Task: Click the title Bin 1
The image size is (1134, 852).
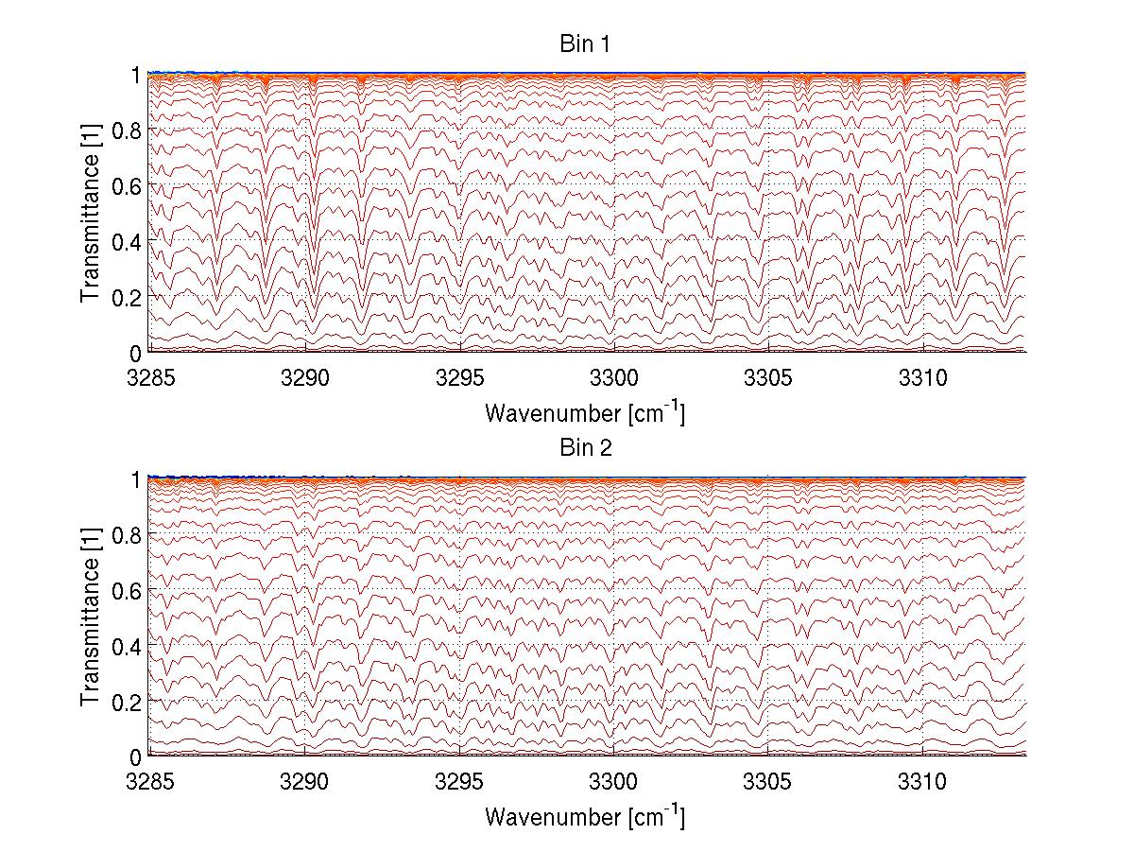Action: coord(585,44)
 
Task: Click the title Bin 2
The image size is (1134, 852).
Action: coord(585,448)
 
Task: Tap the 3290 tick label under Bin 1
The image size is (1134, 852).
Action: coord(305,379)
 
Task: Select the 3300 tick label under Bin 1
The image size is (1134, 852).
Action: coord(614,379)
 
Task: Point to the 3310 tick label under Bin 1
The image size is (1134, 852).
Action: coord(923,379)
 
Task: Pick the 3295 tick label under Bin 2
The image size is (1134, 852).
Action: coord(460,783)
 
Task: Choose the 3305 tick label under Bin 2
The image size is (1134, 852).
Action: coord(768,783)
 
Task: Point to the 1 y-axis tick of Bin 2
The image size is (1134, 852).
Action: coord(136,479)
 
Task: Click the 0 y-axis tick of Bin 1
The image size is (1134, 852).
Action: coord(136,353)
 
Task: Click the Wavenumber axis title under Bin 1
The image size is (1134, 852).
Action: coord(585,412)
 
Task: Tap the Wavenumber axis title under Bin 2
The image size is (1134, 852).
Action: coord(585,816)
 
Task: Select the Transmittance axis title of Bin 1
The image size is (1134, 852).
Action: coord(91,213)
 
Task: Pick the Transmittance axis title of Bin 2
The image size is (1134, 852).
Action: coord(91,617)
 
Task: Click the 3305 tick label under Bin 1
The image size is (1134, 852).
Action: coord(768,379)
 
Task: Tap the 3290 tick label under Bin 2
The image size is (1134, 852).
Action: coord(305,783)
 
